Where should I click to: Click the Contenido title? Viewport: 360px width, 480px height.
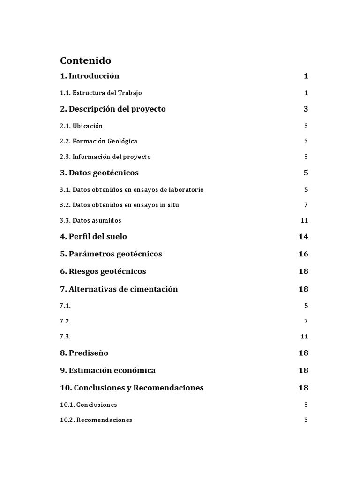[85, 60]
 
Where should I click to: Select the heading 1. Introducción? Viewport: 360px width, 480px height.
[90, 76]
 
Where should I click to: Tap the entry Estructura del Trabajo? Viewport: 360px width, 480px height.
[101, 93]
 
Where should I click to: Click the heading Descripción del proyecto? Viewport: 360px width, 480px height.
[112, 109]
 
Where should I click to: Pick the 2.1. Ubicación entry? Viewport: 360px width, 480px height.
[81, 126]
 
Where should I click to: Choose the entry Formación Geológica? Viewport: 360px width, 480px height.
[98, 141]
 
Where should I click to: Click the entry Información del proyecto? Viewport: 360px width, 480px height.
[105, 157]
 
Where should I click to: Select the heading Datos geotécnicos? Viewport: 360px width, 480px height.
[99, 172]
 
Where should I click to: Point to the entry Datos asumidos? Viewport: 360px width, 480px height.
[90, 220]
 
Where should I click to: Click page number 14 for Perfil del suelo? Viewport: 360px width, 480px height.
[303, 236]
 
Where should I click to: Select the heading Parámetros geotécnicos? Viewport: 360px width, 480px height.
[111, 254]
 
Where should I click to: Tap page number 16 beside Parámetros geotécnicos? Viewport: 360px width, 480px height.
[303, 254]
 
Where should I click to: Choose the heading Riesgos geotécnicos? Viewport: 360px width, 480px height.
[103, 271]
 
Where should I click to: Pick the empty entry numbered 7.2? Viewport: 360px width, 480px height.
[65, 321]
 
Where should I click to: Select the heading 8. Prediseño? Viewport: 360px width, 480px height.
[84, 352]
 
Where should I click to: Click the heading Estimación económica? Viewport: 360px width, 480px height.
[108, 370]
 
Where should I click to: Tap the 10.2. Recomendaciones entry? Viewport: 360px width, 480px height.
[96, 420]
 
